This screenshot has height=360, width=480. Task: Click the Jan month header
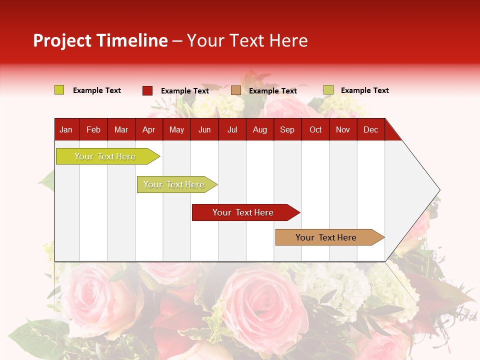(66, 129)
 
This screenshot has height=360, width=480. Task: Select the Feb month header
(93, 129)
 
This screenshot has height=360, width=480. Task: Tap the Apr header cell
(148, 129)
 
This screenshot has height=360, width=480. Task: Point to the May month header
(176, 129)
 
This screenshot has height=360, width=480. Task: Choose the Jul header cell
(232, 129)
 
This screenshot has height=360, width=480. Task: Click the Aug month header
(260, 129)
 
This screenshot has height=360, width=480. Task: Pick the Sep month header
(287, 129)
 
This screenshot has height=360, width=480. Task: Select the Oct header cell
(315, 129)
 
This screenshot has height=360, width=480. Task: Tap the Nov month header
(343, 129)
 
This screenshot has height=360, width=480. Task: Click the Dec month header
(371, 129)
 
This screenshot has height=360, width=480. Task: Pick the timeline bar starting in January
(105, 156)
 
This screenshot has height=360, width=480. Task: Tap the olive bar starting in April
(174, 184)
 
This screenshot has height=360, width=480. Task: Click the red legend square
(147, 90)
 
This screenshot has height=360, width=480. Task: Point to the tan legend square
(236, 90)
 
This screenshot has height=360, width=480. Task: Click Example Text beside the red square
(185, 91)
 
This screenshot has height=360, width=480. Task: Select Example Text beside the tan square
(273, 91)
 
